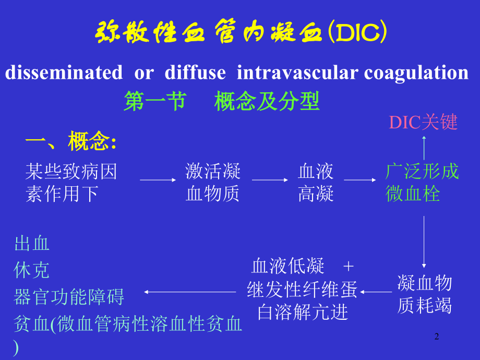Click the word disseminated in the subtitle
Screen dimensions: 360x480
click(x=64, y=73)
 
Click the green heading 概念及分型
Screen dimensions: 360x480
click(x=267, y=102)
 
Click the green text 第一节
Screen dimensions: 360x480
click(x=154, y=102)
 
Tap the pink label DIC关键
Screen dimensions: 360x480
click(x=423, y=122)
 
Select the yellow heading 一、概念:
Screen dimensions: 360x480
click(x=71, y=141)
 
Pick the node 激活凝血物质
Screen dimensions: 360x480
click(x=213, y=183)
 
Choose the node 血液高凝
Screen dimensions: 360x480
click(x=316, y=183)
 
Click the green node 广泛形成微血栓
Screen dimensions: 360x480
click(x=422, y=183)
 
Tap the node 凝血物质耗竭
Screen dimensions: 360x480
click(x=424, y=294)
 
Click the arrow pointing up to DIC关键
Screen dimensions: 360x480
click(x=424, y=147)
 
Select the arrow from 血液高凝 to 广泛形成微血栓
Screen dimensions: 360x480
click(x=360, y=180)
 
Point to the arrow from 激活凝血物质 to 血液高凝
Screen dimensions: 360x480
click(x=270, y=180)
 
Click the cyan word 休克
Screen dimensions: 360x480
click(x=32, y=270)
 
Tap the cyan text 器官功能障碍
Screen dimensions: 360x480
click(x=69, y=297)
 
